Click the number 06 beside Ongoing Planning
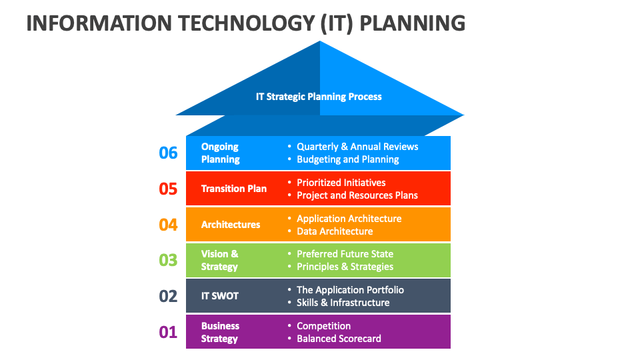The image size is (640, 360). click(168, 153)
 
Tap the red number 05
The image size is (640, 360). click(168, 189)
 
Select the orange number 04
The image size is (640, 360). click(168, 225)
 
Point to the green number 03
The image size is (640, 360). click(168, 260)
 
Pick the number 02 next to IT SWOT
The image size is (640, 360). click(168, 296)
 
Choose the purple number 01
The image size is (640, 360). click(168, 332)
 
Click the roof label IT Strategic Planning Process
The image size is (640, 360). click(319, 97)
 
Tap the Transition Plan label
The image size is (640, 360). click(234, 189)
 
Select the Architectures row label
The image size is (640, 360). click(231, 225)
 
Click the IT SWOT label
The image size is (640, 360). click(220, 296)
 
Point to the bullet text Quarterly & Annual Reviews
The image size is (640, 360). click(357, 147)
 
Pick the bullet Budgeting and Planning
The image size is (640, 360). click(348, 159)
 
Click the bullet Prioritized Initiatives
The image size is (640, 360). click(341, 183)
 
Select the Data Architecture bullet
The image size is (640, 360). click(335, 231)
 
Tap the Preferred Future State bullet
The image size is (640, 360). click(345, 254)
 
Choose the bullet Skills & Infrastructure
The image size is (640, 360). click(343, 303)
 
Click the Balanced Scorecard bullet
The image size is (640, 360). click(339, 339)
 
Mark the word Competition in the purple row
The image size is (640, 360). click(324, 326)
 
